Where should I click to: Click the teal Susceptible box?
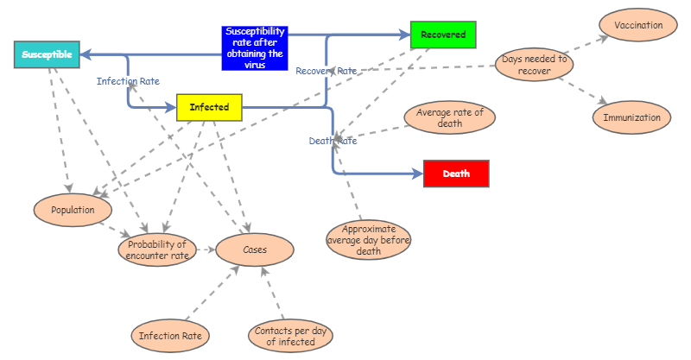click(48, 54)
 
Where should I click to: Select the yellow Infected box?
click(209, 108)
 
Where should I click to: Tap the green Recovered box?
click(443, 35)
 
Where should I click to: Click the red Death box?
click(456, 174)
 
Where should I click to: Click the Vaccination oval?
click(638, 26)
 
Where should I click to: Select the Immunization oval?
click(631, 117)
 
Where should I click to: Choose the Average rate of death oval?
click(449, 118)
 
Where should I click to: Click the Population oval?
click(73, 209)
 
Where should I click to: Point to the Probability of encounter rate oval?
click(157, 250)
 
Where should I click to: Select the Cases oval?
click(255, 249)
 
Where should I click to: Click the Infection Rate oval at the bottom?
click(171, 335)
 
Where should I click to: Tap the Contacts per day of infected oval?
click(290, 336)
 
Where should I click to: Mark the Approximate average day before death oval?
click(369, 240)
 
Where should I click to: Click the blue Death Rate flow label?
click(333, 141)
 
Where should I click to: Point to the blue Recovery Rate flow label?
click(326, 71)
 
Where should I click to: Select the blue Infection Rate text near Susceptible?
click(128, 81)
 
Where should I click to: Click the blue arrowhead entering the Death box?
click(417, 174)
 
